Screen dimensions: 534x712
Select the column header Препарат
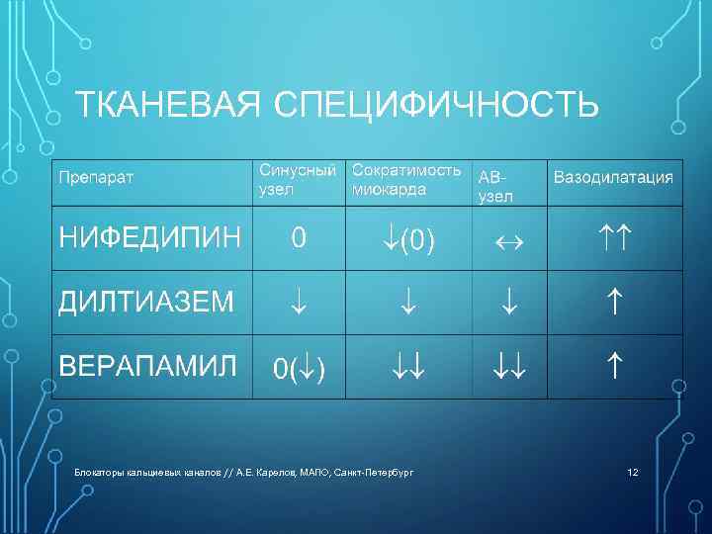[x=97, y=178]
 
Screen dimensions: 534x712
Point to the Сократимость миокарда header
[x=406, y=178]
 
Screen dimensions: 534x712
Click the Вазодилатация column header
[x=613, y=178]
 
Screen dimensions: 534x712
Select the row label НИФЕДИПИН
[x=149, y=237]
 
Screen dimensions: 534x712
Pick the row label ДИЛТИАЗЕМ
[x=146, y=303]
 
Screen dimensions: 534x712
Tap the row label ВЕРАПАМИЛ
[x=148, y=366]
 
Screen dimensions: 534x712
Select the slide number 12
[x=633, y=473]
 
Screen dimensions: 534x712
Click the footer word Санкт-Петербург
[x=380, y=473]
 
